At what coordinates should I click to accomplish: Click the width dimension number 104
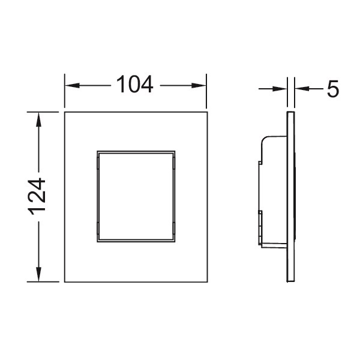pos(135,84)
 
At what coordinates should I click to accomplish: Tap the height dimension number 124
pos(37,197)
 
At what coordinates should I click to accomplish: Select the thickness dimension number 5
pos(332,89)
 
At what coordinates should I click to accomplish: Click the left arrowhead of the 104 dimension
pos(72,86)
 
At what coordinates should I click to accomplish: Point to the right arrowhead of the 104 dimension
pos(199,86)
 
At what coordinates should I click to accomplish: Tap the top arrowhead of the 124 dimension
pos(38,119)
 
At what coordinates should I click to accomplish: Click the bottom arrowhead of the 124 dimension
pos(38,274)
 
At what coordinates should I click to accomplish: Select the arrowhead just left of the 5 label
pos(302,89)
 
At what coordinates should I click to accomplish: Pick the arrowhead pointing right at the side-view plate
pos(280,89)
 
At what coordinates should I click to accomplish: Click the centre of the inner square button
pos(136,197)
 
